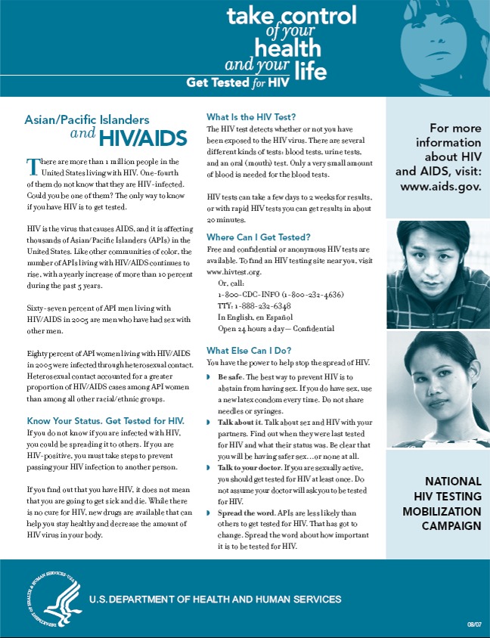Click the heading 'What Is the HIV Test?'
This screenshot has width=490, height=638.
[250, 116]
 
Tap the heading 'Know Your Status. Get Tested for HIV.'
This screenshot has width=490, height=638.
[106, 420]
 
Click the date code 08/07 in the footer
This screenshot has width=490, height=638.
[474, 624]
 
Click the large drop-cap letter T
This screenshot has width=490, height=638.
[33, 166]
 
